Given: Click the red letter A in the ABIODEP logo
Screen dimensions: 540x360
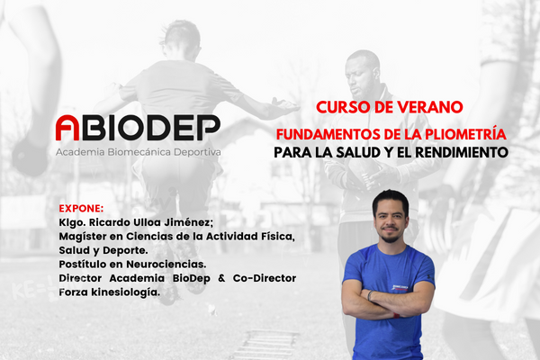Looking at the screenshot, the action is click(x=67, y=128).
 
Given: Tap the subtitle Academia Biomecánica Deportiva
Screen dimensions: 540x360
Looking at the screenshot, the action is click(x=139, y=152).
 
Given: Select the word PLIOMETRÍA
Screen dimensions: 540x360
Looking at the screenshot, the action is click(x=465, y=134).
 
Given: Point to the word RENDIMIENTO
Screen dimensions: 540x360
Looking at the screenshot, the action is click(x=462, y=152).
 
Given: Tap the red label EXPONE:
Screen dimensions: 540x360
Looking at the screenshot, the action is click(x=81, y=209).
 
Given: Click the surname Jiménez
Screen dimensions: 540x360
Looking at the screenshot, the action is click(x=189, y=222).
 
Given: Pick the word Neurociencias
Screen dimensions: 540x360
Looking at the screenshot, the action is click(x=166, y=265).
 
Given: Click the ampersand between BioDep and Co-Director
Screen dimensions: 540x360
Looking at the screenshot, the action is click(x=221, y=278).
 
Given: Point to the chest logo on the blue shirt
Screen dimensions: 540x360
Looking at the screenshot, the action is click(x=400, y=288).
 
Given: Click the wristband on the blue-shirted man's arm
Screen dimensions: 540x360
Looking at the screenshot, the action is click(x=370, y=295).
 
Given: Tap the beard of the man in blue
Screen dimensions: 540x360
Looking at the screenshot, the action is click(x=391, y=237).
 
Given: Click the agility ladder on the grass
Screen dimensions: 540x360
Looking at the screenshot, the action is click(x=265, y=345).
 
